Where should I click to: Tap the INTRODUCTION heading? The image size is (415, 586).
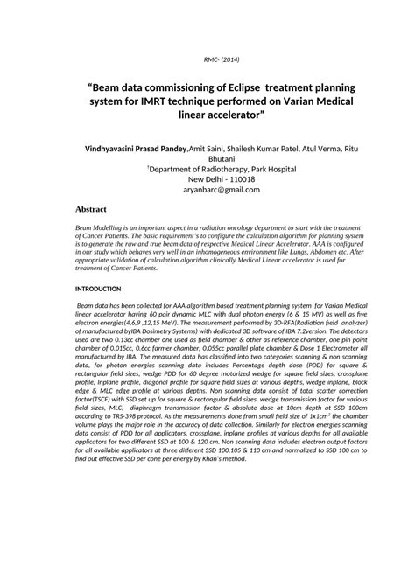click(x=98, y=288)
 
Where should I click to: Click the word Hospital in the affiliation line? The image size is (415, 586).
click(x=283, y=170)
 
